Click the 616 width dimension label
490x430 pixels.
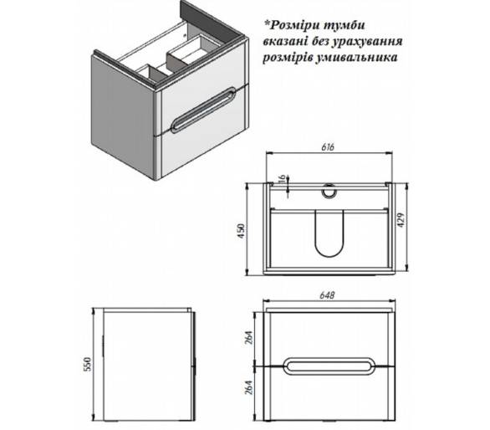click(328, 147)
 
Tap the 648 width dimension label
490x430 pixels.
click(328, 295)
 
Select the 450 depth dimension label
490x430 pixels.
click(242, 231)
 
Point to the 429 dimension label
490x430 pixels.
click(401, 220)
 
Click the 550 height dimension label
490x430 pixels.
click(88, 364)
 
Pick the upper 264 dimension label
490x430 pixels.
click(249, 337)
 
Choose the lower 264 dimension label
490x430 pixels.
click(249, 387)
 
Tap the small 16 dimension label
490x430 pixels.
click(282, 180)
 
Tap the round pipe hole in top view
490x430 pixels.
click(329, 191)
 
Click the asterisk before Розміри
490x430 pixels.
click(267, 23)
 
